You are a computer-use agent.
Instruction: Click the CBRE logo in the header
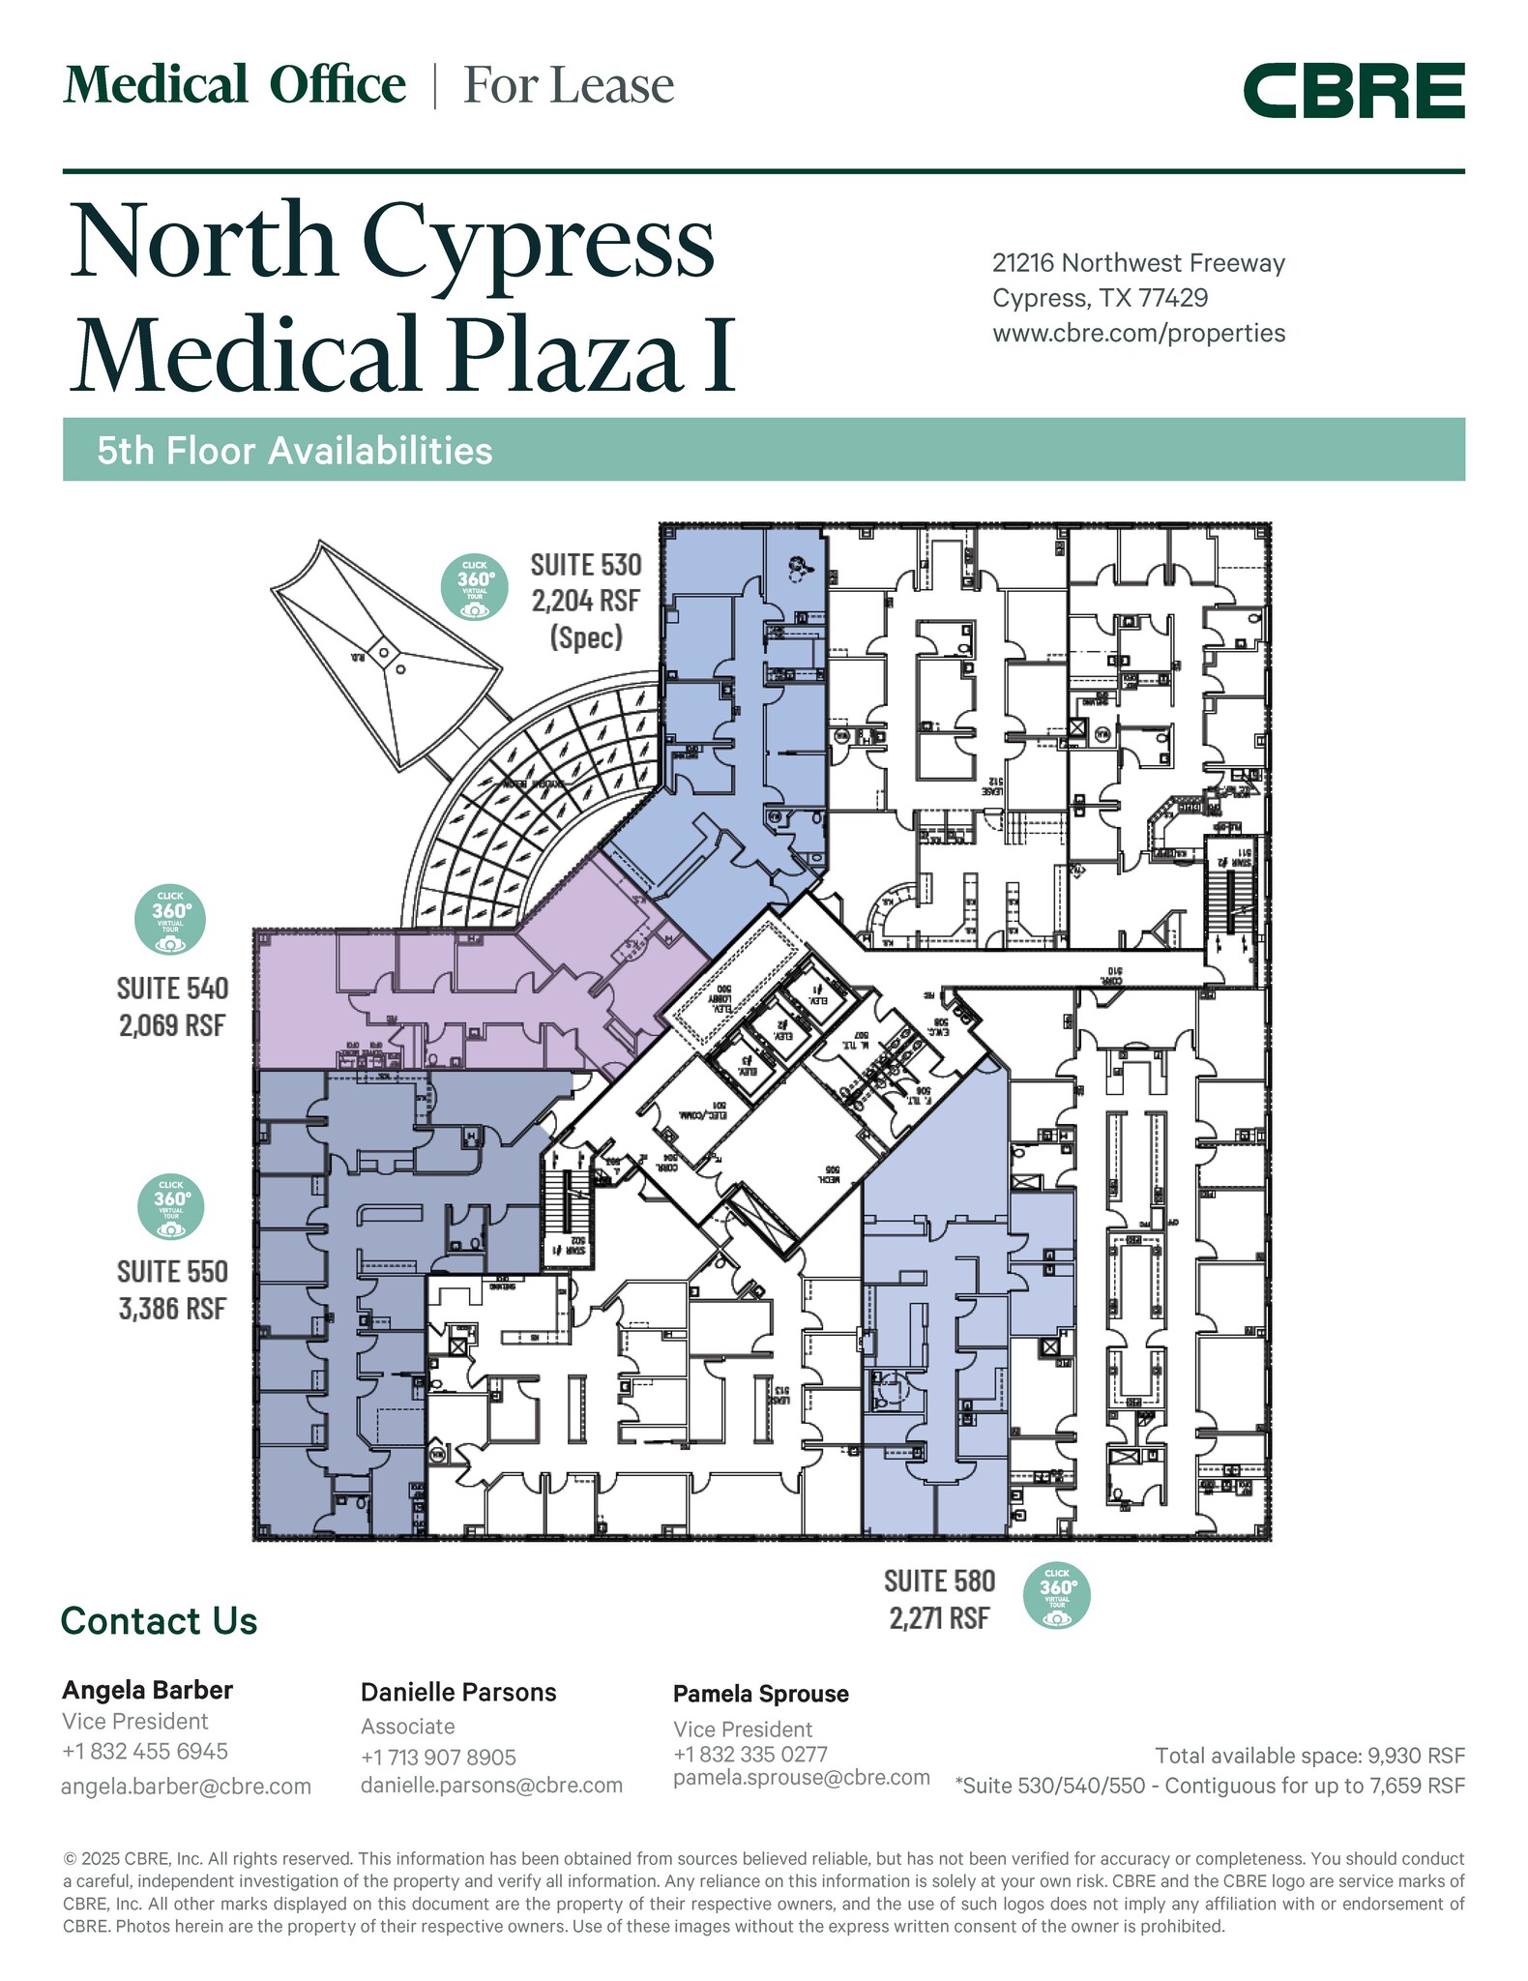pos(1353,91)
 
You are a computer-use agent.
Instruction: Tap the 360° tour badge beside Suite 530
pos(475,587)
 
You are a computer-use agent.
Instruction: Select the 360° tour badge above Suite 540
pos(170,918)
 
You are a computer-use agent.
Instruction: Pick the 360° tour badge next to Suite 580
pos(1057,1595)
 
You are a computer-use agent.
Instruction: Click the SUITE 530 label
pos(586,564)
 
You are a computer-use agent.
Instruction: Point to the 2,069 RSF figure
pos(172,1024)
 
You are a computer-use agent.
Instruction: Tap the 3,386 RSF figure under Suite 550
pos(172,1309)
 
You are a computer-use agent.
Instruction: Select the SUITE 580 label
pos(939,1581)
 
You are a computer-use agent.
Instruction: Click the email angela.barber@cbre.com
pos(186,1787)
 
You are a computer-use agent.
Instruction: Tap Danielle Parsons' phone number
pos(438,1757)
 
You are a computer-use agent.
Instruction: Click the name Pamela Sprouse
pos(760,1694)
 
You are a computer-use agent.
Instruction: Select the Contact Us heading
pos(159,1621)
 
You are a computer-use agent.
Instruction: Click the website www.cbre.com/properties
pos(1138,333)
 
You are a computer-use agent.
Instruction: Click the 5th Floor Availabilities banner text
pos(294,451)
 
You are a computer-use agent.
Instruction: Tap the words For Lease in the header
pos(569,85)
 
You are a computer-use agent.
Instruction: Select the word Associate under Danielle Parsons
pos(407,1727)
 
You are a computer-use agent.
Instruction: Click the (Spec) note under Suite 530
pos(586,637)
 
